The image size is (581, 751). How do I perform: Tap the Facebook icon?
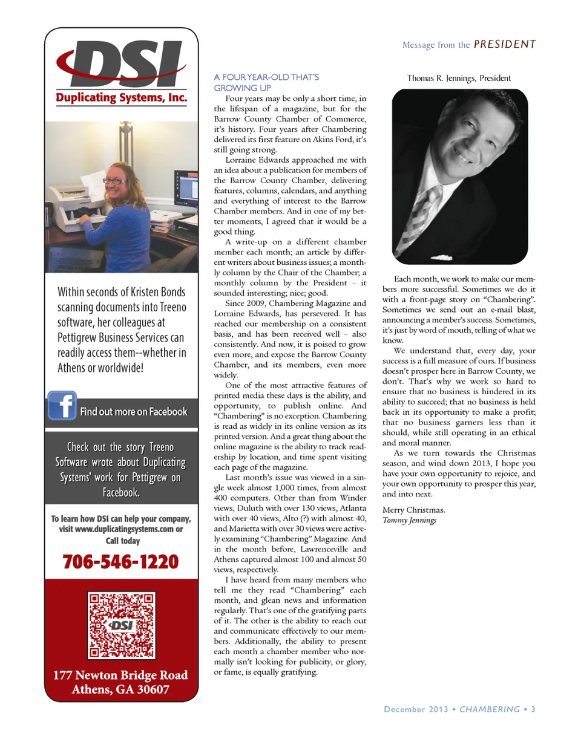pyautogui.click(x=62, y=405)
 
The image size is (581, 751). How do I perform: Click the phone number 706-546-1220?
pyautogui.click(x=120, y=562)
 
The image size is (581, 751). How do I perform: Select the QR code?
pyautogui.click(x=121, y=625)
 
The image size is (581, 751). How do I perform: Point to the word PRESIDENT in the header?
pyautogui.click(x=505, y=44)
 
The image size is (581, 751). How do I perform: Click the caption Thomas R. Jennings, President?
pyautogui.click(x=459, y=78)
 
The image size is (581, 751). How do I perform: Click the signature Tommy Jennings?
pyautogui.click(x=409, y=521)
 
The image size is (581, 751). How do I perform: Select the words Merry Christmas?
pyautogui.click(x=413, y=510)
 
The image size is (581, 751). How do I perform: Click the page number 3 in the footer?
pyautogui.click(x=533, y=709)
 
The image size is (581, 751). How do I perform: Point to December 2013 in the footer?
pyautogui.click(x=416, y=709)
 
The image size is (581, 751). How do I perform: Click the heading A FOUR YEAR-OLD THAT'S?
pyautogui.click(x=266, y=77)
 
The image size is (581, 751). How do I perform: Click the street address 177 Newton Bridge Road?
pyautogui.click(x=120, y=675)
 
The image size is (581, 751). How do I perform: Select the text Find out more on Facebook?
pyautogui.click(x=134, y=412)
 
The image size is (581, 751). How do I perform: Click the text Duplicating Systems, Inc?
pyautogui.click(x=121, y=97)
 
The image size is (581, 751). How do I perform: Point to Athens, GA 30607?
pyautogui.click(x=120, y=689)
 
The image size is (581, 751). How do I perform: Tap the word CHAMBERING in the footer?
pyautogui.click(x=490, y=709)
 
